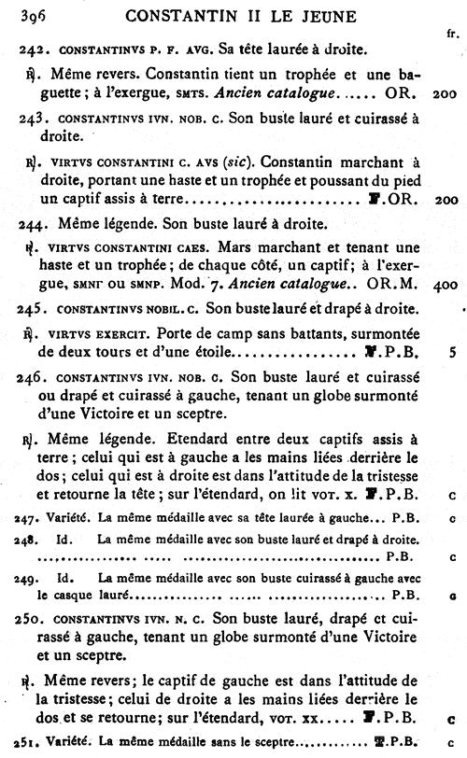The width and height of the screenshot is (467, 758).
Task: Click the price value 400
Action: (446, 285)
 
